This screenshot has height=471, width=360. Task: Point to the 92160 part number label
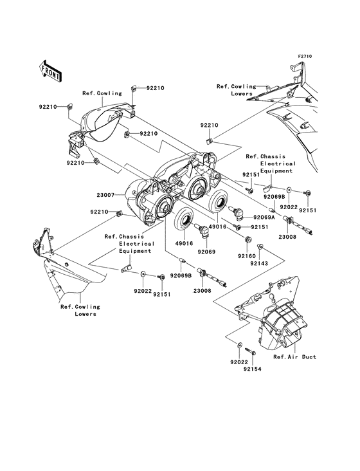coord(248,255)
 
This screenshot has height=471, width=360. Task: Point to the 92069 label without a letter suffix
coord(206,252)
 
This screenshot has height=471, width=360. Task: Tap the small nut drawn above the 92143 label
coord(261,248)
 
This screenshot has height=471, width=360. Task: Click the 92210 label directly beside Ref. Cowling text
coord(155,87)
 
